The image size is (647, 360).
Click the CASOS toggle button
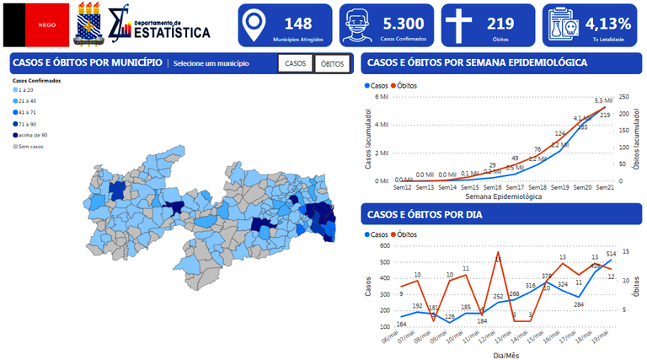(295, 64)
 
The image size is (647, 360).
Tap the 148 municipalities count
(298, 24)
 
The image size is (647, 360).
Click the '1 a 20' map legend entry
(25, 89)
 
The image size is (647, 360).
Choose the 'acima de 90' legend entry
(31, 135)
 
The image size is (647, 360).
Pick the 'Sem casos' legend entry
(28, 146)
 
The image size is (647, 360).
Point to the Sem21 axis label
(603, 187)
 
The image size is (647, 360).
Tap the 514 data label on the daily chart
(612, 254)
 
